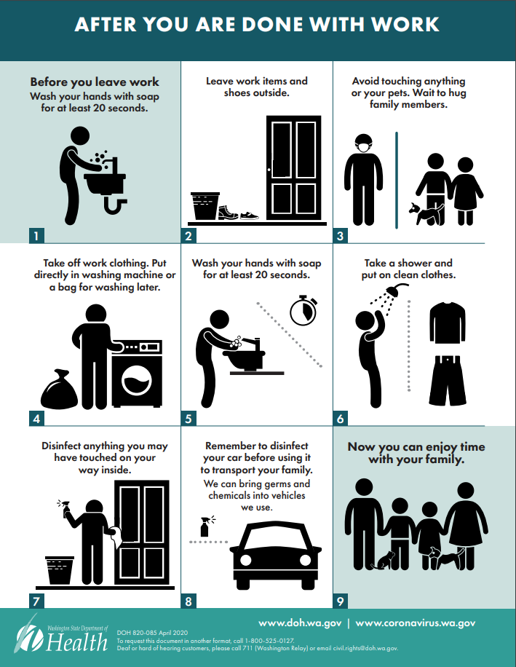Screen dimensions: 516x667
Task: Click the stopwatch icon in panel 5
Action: (303, 310)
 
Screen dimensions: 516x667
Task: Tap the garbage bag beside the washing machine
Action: (59, 390)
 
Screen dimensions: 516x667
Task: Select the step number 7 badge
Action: (36, 601)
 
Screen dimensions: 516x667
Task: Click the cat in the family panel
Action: (384, 561)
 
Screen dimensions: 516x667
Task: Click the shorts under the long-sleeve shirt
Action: (448, 380)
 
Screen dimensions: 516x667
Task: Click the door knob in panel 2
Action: (269, 170)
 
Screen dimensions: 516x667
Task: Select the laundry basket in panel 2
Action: (205, 206)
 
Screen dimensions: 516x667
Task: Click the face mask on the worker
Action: (363, 148)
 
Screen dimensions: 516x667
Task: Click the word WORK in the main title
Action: (405, 25)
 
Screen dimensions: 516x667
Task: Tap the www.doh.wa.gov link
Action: (300, 623)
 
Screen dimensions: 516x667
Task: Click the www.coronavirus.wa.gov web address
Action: (416, 623)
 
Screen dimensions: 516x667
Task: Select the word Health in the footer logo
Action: (77, 642)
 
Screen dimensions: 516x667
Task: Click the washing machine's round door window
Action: (136, 380)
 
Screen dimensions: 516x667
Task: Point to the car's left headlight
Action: (246, 560)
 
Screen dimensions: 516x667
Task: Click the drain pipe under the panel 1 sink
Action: (115, 205)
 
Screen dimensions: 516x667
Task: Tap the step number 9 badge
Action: (340, 601)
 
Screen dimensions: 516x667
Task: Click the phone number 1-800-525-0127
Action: (269, 641)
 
